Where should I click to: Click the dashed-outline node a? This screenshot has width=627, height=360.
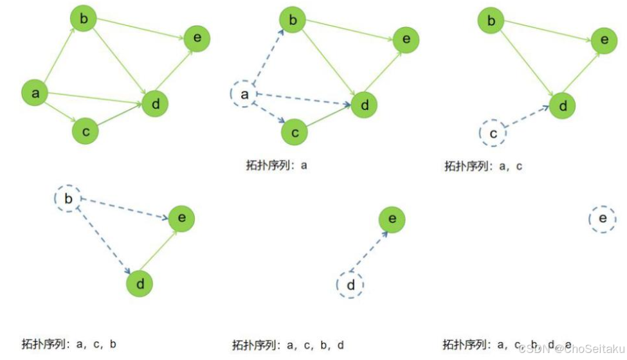coord(244,94)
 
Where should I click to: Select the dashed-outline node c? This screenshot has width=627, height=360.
coord(493,133)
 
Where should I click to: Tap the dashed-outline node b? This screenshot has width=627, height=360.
coord(69,199)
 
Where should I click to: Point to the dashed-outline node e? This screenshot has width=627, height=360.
coord(603,220)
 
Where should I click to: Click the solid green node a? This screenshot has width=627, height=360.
coord(35,94)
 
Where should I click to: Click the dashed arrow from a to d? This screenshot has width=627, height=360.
coord(302,100)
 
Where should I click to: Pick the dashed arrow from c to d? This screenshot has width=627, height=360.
coord(527,118)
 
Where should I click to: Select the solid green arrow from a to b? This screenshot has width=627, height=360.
coord(59,58)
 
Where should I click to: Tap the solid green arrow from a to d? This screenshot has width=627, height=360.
coord(93,99)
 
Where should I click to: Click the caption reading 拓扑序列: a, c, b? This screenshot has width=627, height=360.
coord(69,343)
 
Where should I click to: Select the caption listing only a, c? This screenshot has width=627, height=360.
coord(483,166)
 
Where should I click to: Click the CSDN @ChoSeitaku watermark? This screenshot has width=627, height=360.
coord(571,348)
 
